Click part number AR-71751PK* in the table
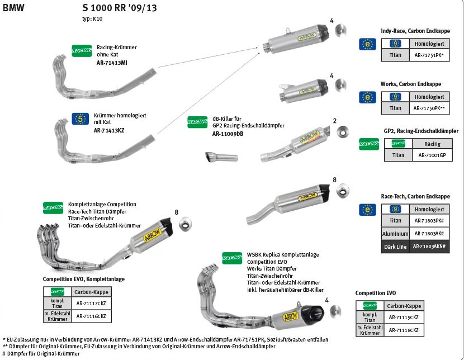[x=429, y=56]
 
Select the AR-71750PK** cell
[x=429, y=108]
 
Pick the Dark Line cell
[x=395, y=246]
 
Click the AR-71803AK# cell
[x=429, y=233]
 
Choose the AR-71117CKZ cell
[x=91, y=304]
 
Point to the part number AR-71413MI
[x=112, y=63]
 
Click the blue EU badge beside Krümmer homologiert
[x=81, y=119]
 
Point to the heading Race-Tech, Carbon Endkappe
[x=414, y=196]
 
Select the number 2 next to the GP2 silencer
[x=334, y=121]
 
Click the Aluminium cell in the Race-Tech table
[x=395, y=233]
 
